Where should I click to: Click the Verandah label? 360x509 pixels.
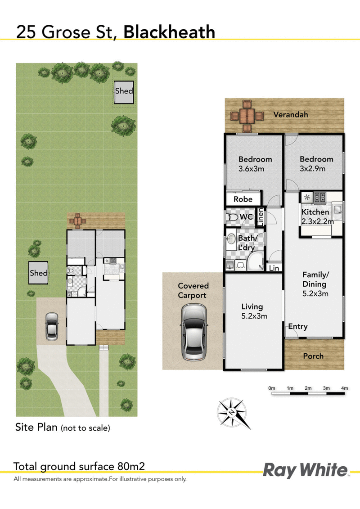pos(291,115)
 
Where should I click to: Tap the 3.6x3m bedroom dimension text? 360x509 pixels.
pos(251,169)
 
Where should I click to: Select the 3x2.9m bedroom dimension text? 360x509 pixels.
pos(313,169)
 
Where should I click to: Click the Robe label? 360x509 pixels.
pos(243,199)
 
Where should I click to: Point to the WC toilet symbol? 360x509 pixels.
pos(232,217)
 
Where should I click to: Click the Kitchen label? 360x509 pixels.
pos(315,212)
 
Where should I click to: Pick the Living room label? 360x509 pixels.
pos(252,306)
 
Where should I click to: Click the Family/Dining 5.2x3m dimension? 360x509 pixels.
pos(315,294)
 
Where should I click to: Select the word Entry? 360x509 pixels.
pos(297,327)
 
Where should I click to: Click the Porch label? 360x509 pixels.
pos(313,356)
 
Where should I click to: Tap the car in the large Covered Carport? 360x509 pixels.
pos(194,332)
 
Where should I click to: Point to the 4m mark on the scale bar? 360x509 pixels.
pos(344,388)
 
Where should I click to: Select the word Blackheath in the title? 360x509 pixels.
pos(169,32)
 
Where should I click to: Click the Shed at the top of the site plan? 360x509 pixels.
pos(124,92)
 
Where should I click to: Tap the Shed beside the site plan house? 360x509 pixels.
pos(39,273)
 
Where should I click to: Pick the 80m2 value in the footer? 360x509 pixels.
pos(131,467)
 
